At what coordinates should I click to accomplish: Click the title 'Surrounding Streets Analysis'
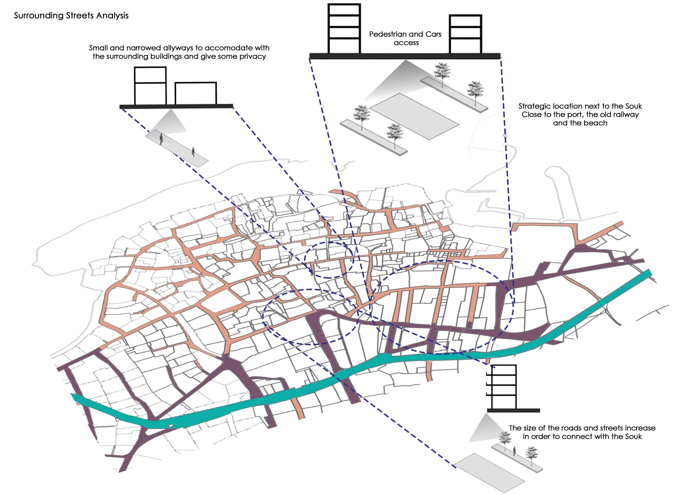pos(71,16)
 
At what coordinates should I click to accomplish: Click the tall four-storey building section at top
pos(344,29)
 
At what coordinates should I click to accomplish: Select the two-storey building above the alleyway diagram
pos(151,86)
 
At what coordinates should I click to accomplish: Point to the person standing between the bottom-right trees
pos(514,450)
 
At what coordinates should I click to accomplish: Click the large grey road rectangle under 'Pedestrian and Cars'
pos(414,117)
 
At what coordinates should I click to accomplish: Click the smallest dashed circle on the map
pos(329,260)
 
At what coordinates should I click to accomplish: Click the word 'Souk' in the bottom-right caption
pos(633,437)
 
